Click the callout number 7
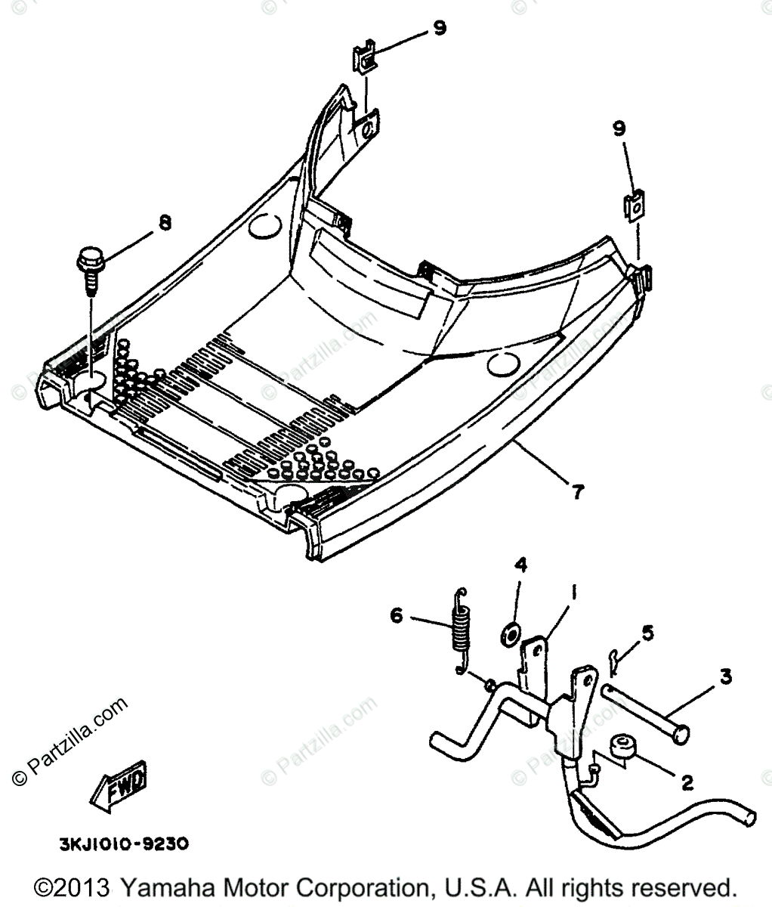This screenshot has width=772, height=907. (x=577, y=492)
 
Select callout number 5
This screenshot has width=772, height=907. (x=648, y=630)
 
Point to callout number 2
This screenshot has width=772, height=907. (x=687, y=783)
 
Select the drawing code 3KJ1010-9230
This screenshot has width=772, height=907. (x=124, y=843)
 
